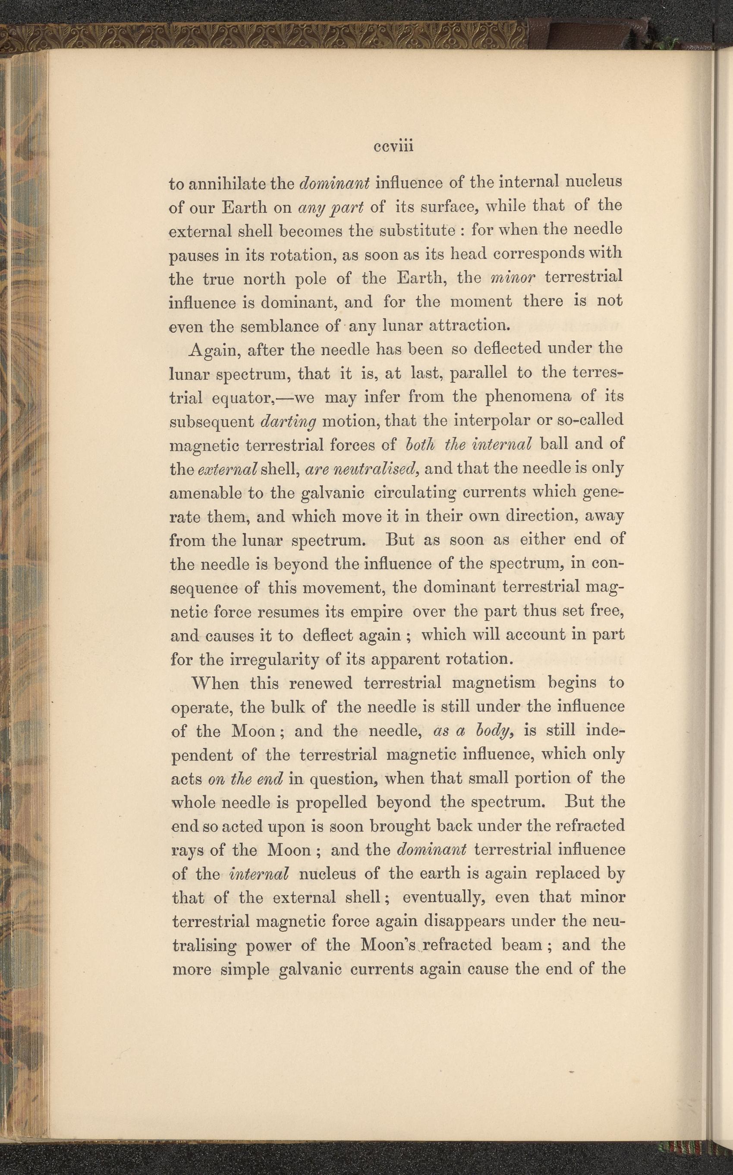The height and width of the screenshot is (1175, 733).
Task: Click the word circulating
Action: pyautogui.click(x=416, y=493)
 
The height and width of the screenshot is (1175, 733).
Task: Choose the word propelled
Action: pyautogui.click(x=331, y=803)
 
